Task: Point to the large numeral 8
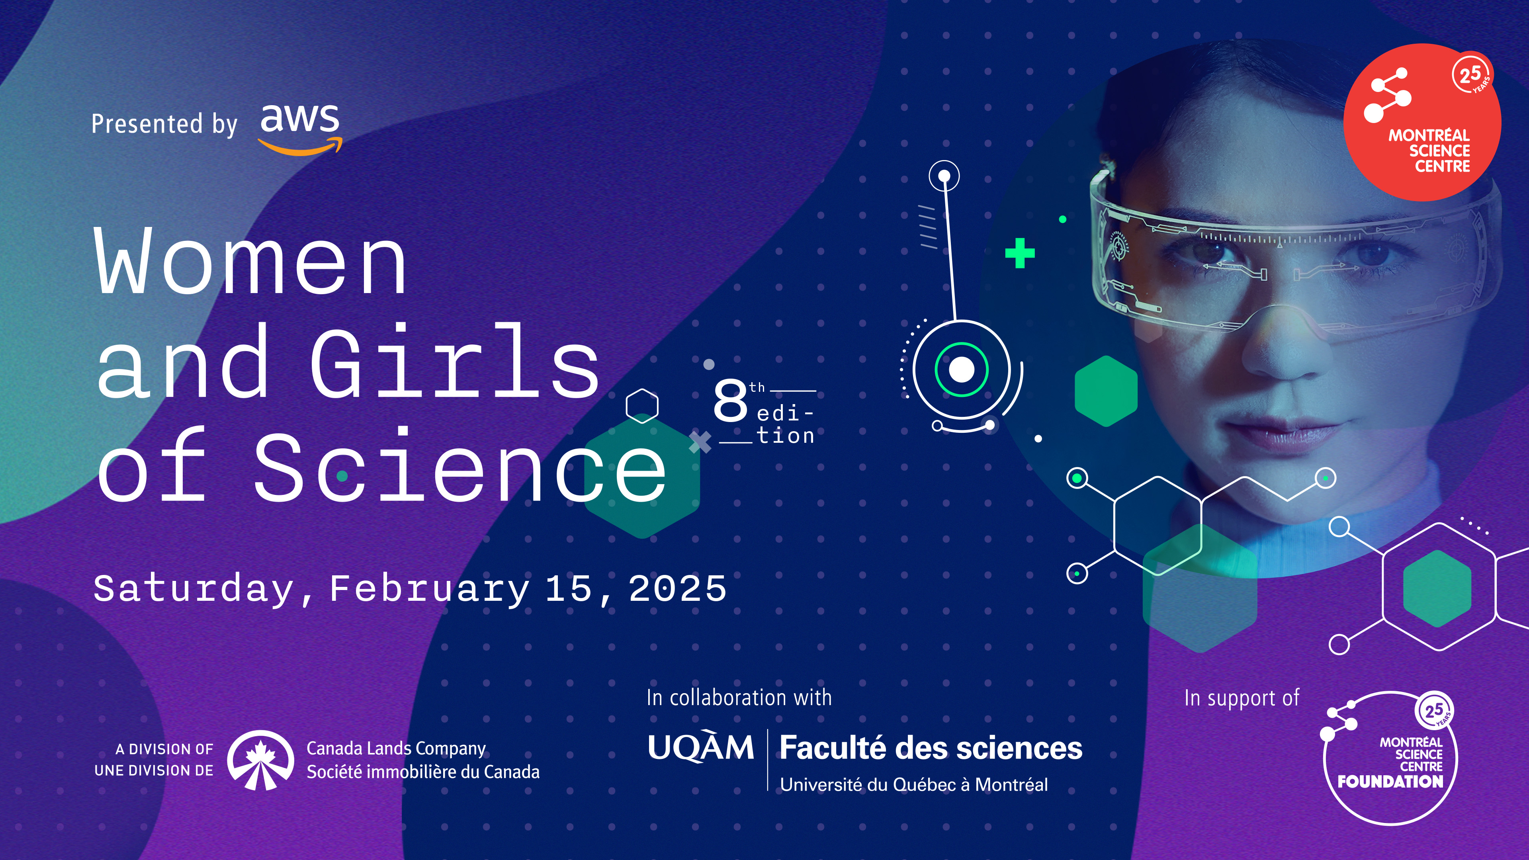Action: (x=730, y=401)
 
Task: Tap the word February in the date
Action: (x=429, y=589)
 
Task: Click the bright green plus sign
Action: (x=1020, y=254)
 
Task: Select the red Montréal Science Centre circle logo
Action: (x=1422, y=122)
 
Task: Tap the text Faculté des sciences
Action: (x=931, y=748)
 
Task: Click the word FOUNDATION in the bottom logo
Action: (x=1390, y=782)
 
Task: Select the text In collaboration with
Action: (x=739, y=698)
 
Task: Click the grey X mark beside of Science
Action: (x=700, y=442)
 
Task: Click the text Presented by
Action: (x=164, y=125)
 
